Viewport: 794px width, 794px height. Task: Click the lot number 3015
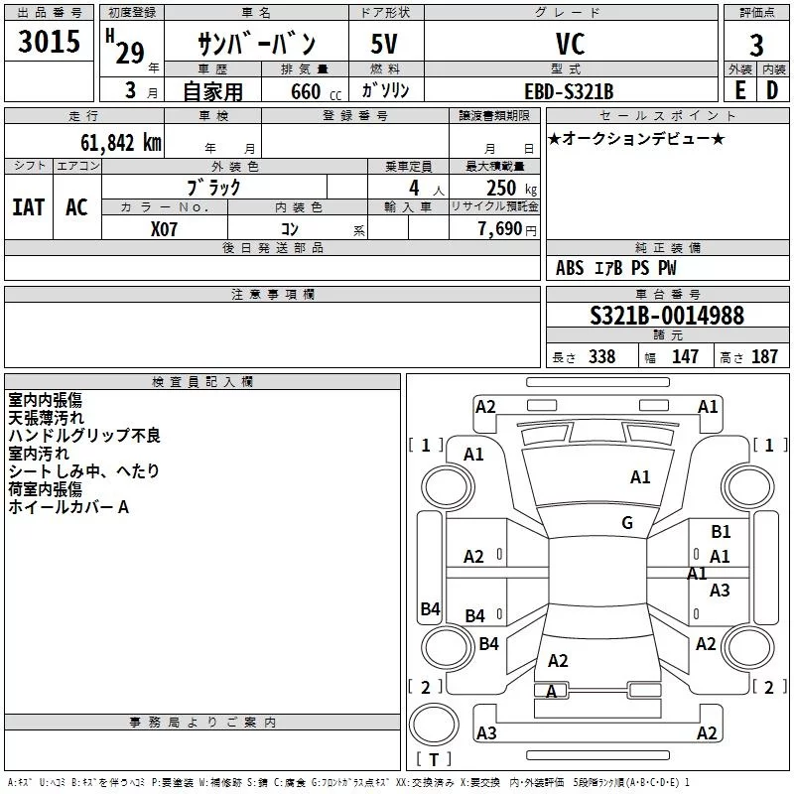pyautogui.click(x=49, y=41)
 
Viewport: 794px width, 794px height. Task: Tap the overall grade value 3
pyautogui.click(x=756, y=46)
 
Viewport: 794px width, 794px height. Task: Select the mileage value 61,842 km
pyautogui.click(x=121, y=143)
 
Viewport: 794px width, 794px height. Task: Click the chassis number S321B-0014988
pyautogui.click(x=667, y=316)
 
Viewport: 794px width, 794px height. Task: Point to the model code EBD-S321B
pyautogui.click(x=569, y=91)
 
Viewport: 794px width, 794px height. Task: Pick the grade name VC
pyautogui.click(x=570, y=44)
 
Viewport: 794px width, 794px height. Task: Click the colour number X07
pyautogui.click(x=164, y=229)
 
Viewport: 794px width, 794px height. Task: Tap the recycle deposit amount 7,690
pyautogui.click(x=500, y=228)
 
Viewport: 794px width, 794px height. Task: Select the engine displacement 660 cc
pyautogui.click(x=316, y=91)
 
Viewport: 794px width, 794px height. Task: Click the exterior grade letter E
pyautogui.click(x=740, y=90)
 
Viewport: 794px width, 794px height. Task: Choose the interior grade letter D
pyautogui.click(x=772, y=90)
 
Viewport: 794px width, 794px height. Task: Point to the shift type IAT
pyautogui.click(x=29, y=207)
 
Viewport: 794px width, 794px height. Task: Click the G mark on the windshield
pyautogui.click(x=627, y=523)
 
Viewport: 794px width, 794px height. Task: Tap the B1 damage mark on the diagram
pyautogui.click(x=721, y=532)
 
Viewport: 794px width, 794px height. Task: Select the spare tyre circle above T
pyautogui.click(x=434, y=725)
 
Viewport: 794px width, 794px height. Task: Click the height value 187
pyautogui.click(x=764, y=356)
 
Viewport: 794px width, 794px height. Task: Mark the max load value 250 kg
pyautogui.click(x=512, y=188)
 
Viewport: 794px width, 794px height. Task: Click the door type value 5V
pyautogui.click(x=384, y=44)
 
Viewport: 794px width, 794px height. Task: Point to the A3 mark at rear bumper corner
pyautogui.click(x=486, y=732)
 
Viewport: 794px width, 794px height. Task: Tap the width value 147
pyautogui.click(x=685, y=356)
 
